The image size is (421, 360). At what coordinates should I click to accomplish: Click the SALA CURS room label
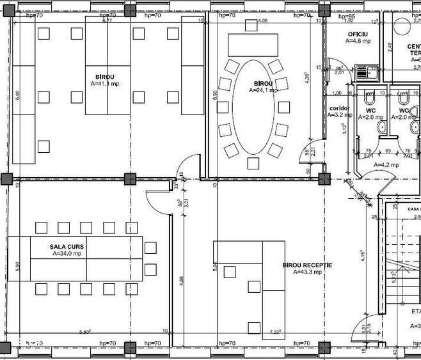(67, 246)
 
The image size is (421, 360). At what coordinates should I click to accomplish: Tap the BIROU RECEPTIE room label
(306, 264)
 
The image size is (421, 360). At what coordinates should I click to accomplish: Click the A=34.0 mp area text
(67, 253)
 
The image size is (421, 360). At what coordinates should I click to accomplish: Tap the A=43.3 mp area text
(306, 272)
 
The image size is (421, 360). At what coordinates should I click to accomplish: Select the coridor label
(339, 108)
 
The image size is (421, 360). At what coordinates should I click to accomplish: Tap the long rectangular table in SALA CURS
(75, 258)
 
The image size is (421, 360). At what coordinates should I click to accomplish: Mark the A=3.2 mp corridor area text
(339, 116)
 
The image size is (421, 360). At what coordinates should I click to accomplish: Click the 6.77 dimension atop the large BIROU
(107, 20)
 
